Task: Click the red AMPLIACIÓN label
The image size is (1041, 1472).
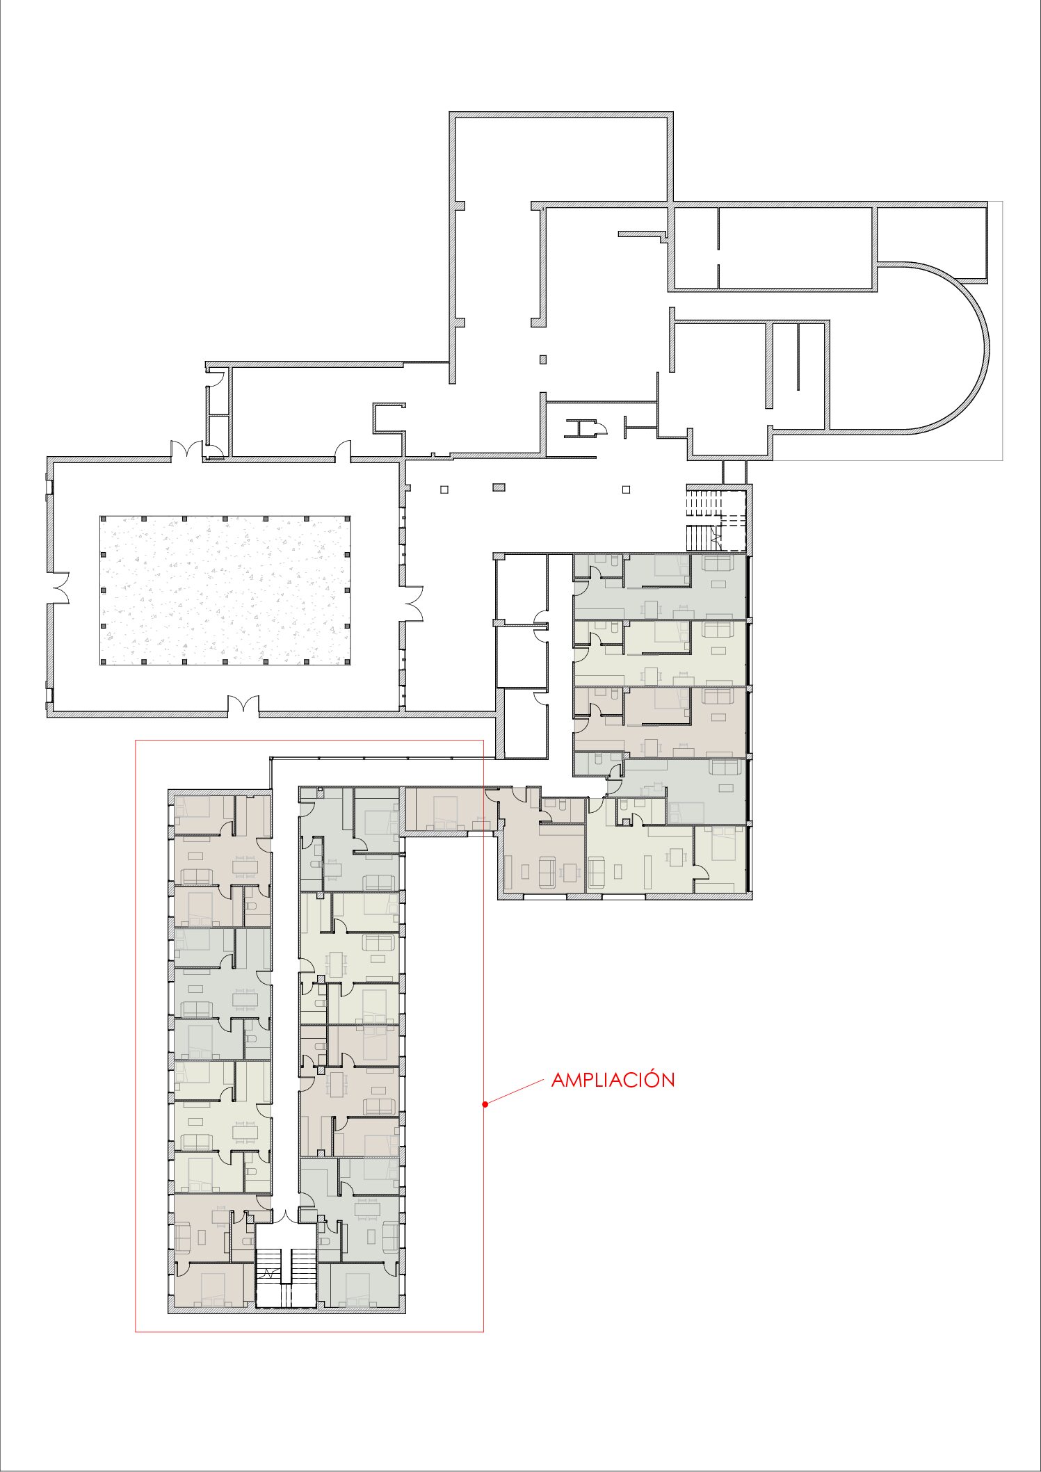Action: coord(613,1080)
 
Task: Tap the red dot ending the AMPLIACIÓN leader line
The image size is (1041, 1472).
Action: coord(485,1103)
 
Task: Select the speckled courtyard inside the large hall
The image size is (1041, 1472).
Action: coord(225,590)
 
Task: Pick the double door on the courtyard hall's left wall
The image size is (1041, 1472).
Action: coord(60,588)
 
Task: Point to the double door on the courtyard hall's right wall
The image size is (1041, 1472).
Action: coord(413,603)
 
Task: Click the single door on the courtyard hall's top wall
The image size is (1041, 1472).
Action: coord(342,452)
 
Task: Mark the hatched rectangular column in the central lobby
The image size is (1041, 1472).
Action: coord(499,487)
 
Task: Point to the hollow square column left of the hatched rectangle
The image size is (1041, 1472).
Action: coord(444,490)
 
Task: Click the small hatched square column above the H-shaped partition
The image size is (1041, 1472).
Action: coord(543,359)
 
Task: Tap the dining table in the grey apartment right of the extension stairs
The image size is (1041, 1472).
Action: coord(366,1209)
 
